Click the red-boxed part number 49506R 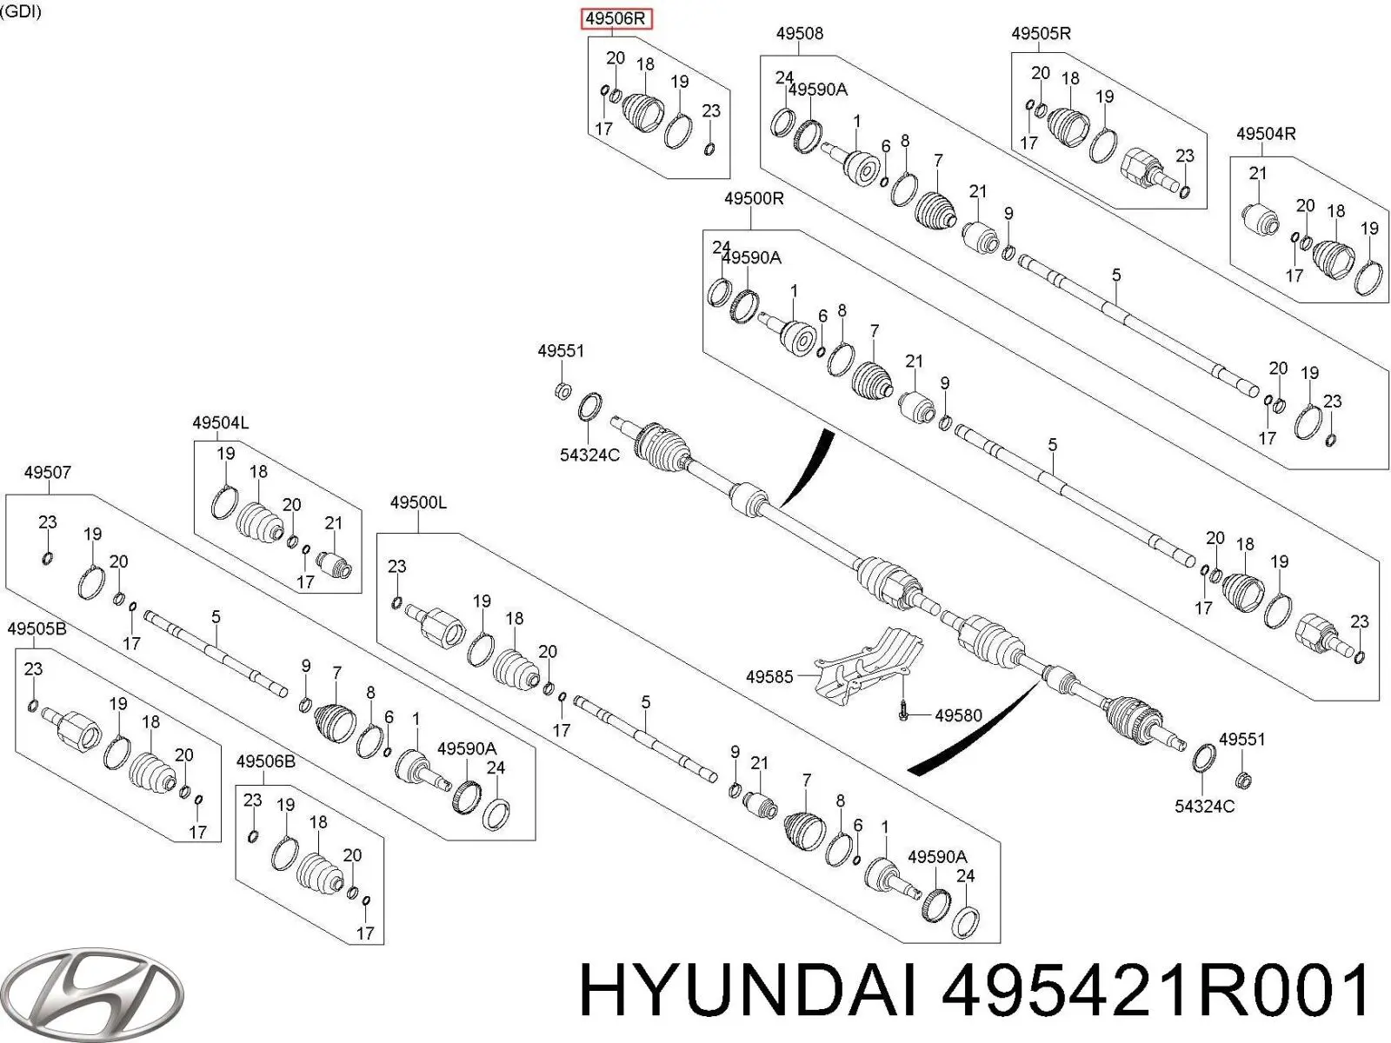click(x=616, y=18)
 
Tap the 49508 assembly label click(x=799, y=34)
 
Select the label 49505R click(x=1041, y=34)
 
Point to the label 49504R click(x=1266, y=134)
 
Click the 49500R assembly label click(x=753, y=199)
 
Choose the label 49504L click(x=220, y=423)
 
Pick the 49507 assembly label click(x=47, y=473)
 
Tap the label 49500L click(x=418, y=502)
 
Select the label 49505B click(x=37, y=628)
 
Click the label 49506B click(x=265, y=762)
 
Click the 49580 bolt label click(x=958, y=715)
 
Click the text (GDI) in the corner click(x=20, y=12)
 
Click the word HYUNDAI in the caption click(x=748, y=993)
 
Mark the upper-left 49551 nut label click(x=561, y=351)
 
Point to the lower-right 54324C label click(x=1204, y=807)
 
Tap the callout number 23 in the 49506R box click(x=711, y=111)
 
